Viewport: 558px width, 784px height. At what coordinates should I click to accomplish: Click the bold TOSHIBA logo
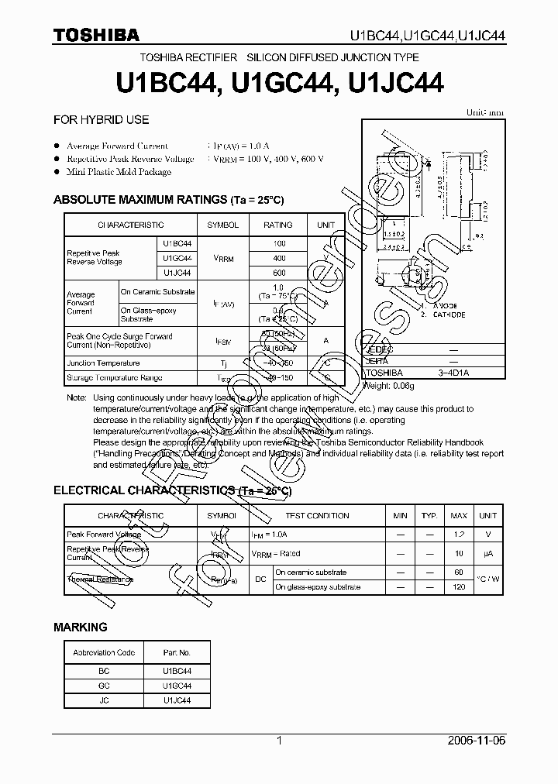(x=96, y=35)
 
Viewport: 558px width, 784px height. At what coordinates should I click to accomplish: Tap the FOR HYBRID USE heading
(x=101, y=120)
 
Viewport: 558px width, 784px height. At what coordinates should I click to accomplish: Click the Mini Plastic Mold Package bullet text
(x=119, y=172)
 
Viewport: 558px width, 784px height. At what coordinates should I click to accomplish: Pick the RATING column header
(x=278, y=225)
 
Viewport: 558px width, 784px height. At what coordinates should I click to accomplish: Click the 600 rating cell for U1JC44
(x=278, y=273)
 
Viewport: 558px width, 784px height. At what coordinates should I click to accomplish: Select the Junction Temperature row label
(x=103, y=363)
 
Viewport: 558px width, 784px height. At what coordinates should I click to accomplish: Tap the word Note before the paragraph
(x=76, y=397)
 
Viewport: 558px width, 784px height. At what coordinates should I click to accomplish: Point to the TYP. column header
(x=429, y=516)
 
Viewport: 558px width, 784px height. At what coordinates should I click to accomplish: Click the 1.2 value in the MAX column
(x=459, y=535)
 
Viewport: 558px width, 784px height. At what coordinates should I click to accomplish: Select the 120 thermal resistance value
(x=459, y=587)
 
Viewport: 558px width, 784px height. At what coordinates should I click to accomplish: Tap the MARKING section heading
(x=80, y=627)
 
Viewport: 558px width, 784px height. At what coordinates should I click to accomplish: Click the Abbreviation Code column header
(x=104, y=652)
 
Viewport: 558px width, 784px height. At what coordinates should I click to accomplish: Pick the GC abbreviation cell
(x=104, y=686)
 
